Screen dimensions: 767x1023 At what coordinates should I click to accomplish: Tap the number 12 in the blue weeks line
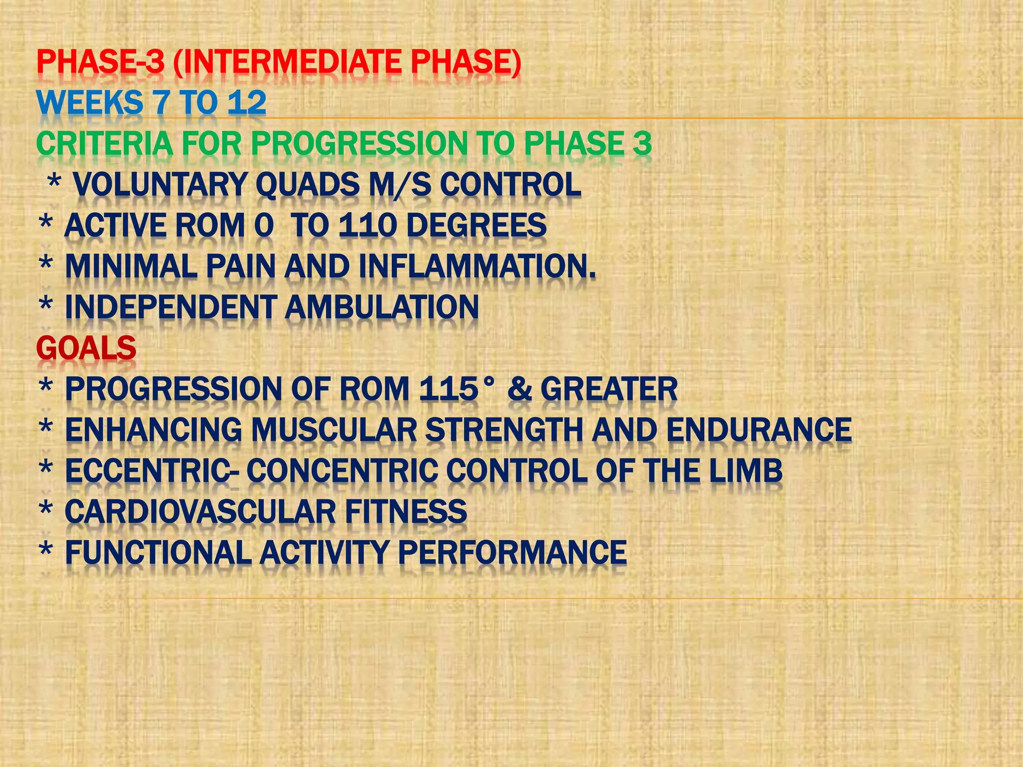pos(247,103)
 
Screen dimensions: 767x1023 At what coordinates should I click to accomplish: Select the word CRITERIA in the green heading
pos(104,144)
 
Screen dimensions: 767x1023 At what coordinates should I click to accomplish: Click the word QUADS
pos(307,185)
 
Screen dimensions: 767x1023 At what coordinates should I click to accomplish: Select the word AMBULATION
pos(382,307)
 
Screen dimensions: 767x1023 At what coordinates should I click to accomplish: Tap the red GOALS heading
pos(86,348)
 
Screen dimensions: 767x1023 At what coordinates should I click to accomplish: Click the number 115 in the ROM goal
pos(449,389)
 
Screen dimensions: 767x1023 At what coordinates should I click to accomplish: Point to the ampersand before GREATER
pos(519,389)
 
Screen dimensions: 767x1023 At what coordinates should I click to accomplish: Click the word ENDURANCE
pos(759,430)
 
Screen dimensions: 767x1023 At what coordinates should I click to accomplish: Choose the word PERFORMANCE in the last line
pos(511,553)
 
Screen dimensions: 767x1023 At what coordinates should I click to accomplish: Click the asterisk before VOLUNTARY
pos(54,182)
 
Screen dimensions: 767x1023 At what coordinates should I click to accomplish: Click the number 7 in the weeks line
pos(162,103)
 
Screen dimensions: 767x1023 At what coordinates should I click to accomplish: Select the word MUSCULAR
pos(334,430)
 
